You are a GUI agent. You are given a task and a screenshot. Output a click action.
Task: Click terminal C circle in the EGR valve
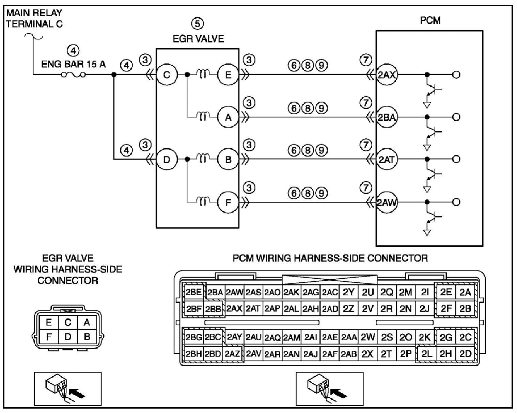click(167, 75)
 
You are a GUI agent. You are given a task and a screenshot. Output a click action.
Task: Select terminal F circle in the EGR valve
click(228, 203)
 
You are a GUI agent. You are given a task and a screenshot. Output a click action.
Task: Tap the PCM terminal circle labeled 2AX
click(387, 75)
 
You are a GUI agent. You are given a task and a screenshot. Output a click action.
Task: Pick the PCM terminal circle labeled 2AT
click(387, 159)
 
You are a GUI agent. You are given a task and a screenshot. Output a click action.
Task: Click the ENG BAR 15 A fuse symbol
click(74, 75)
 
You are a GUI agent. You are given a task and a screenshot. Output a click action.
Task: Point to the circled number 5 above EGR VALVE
click(198, 23)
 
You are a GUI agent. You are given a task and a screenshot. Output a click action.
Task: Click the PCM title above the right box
click(430, 20)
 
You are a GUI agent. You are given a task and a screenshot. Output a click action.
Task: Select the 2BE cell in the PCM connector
click(193, 292)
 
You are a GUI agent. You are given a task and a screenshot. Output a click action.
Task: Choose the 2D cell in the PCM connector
click(465, 354)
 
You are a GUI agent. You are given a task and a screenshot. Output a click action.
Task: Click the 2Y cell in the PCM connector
click(349, 292)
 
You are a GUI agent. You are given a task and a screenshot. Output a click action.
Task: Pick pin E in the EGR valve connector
click(49, 322)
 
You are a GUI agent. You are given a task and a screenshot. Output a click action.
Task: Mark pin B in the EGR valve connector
click(87, 337)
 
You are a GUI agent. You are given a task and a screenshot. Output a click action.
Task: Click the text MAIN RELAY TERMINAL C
click(34, 18)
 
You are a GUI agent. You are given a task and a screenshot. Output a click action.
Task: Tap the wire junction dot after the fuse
click(114, 75)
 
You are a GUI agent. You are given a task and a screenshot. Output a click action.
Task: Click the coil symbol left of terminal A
click(203, 117)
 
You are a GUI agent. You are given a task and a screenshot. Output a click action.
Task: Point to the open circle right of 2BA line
click(456, 117)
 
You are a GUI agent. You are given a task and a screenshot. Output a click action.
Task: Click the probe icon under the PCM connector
click(329, 389)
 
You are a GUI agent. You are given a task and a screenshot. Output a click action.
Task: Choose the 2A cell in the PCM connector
click(465, 292)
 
